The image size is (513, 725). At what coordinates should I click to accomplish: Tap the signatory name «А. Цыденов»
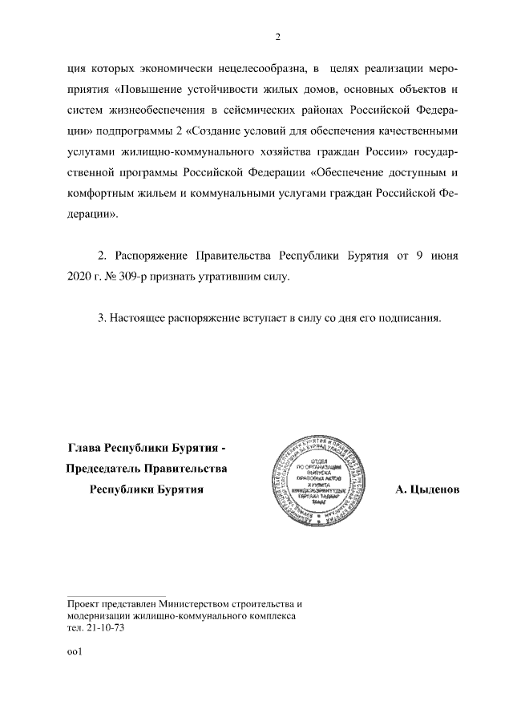pyautogui.click(x=427, y=489)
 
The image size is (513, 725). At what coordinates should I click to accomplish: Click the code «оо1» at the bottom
pyautogui.click(x=75, y=652)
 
